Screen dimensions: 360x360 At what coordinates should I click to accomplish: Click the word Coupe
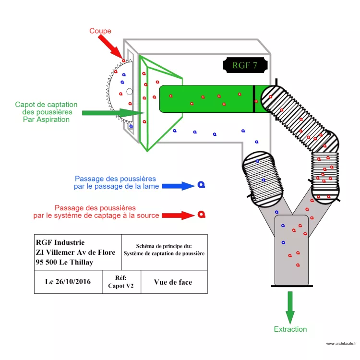click(100, 31)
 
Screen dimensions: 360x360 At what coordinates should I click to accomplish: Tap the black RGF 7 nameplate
click(245, 65)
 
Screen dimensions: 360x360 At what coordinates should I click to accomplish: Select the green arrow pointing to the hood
click(113, 113)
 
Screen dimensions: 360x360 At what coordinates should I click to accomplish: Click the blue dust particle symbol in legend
click(201, 185)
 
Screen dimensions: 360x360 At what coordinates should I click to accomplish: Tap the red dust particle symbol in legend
click(202, 214)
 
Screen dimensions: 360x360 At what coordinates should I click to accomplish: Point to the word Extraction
click(290, 329)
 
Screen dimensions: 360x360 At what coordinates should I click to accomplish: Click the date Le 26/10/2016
click(68, 282)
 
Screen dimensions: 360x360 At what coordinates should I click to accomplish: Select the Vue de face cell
click(173, 282)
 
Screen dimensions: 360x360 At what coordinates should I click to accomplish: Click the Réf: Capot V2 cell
click(121, 282)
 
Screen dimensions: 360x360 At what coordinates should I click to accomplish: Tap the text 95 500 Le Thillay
click(64, 262)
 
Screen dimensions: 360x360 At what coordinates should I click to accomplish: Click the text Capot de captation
click(46, 105)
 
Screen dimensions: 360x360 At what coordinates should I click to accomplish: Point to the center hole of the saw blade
click(129, 91)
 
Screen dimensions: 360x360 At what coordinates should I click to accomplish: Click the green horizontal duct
click(206, 98)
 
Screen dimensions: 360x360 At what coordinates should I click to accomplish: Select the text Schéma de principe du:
click(164, 246)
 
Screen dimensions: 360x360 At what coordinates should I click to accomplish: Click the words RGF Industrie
click(60, 242)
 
